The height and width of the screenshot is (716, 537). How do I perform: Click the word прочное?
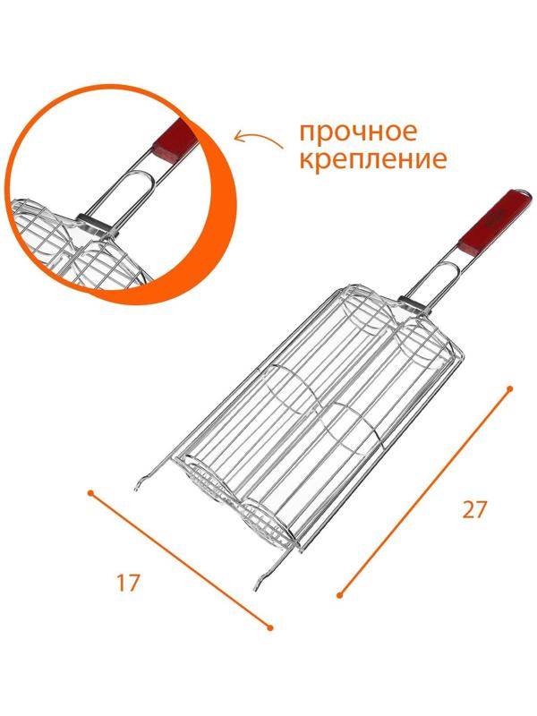[358, 132]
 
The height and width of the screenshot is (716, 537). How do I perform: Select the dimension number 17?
[127, 583]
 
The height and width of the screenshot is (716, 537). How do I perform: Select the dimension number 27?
[474, 510]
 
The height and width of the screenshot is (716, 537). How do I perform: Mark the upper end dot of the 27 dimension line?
[509, 388]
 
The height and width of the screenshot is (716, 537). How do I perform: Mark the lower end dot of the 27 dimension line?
[339, 593]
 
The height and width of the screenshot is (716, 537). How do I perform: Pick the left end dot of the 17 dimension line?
[89, 491]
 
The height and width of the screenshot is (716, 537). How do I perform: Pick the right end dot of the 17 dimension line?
[270, 627]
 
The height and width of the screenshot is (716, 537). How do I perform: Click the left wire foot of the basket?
[141, 484]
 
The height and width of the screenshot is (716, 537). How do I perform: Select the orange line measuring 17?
[179, 559]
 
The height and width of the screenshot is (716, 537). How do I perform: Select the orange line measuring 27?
[424, 491]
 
